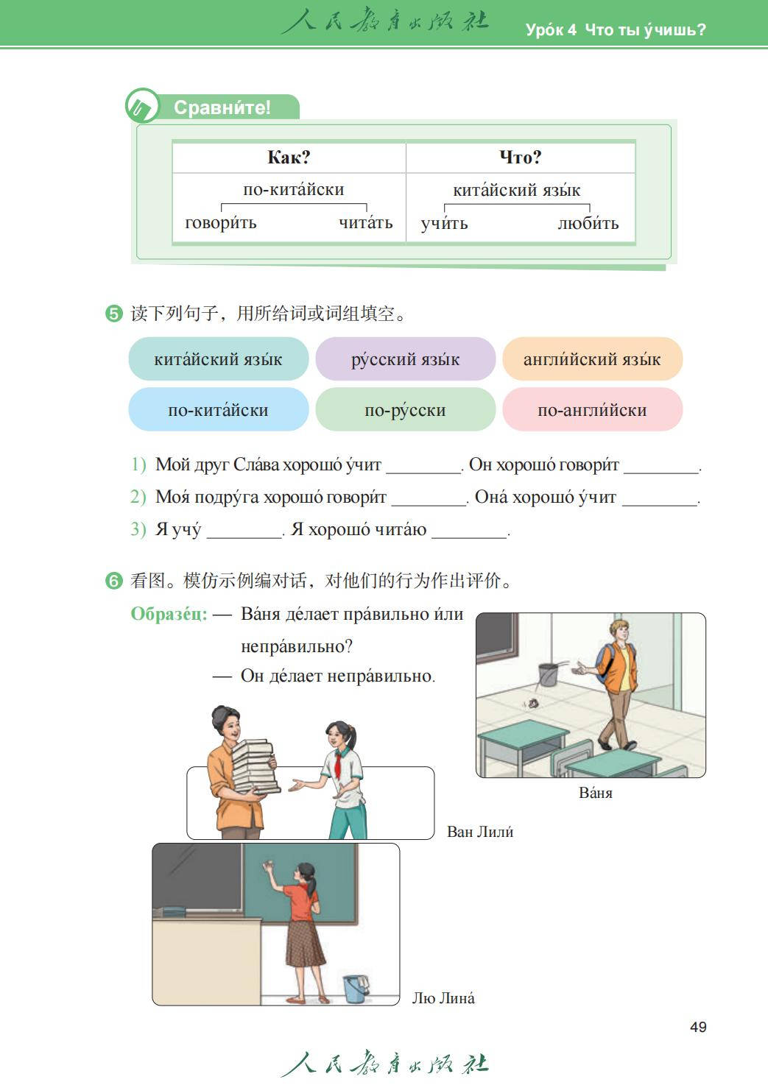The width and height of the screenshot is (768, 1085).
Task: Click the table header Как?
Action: pyautogui.click(x=289, y=158)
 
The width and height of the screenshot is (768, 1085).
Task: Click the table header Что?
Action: pyautogui.click(x=520, y=158)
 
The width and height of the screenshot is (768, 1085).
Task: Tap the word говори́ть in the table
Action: pyautogui.click(x=221, y=223)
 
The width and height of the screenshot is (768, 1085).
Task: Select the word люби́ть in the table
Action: pyautogui.click(x=588, y=223)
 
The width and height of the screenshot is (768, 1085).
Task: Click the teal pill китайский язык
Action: pyautogui.click(x=218, y=359)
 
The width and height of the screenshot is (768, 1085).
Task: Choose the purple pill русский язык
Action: pyautogui.click(x=405, y=359)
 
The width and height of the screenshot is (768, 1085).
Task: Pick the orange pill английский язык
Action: pyautogui.click(x=592, y=359)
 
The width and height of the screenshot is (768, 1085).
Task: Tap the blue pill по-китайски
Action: pyautogui.click(x=218, y=410)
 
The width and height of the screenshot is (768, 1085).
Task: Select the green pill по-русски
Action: pyautogui.click(x=405, y=410)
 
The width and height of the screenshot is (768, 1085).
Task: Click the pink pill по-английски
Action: pyautogui.click(x=592, y=410)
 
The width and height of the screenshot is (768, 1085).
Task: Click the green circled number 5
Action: pyautogui.click(x=113, y=314)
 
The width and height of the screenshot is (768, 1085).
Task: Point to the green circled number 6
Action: pyautogui.click(x=113, y=582)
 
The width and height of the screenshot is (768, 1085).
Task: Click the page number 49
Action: pyautogui.click(x=698, y=1027)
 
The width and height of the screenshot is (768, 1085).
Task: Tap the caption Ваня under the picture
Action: pyautogui.click(x=596, y=793)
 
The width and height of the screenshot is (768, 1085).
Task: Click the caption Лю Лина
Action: pyautogui.click(x=443, y=998)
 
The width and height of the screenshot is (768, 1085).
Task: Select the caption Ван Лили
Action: pyautogui.click(x=480, y=832)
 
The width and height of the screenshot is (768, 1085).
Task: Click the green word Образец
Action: pyautogui.click(x=169, y=614)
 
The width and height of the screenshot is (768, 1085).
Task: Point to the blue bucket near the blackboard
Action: pyautogui.click(x=356, y=988)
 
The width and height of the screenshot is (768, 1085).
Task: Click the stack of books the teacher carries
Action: pyautogui.click(x=254, y=766)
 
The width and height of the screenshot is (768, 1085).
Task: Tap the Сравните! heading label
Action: pyautogui.click(x=222, y=107)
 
